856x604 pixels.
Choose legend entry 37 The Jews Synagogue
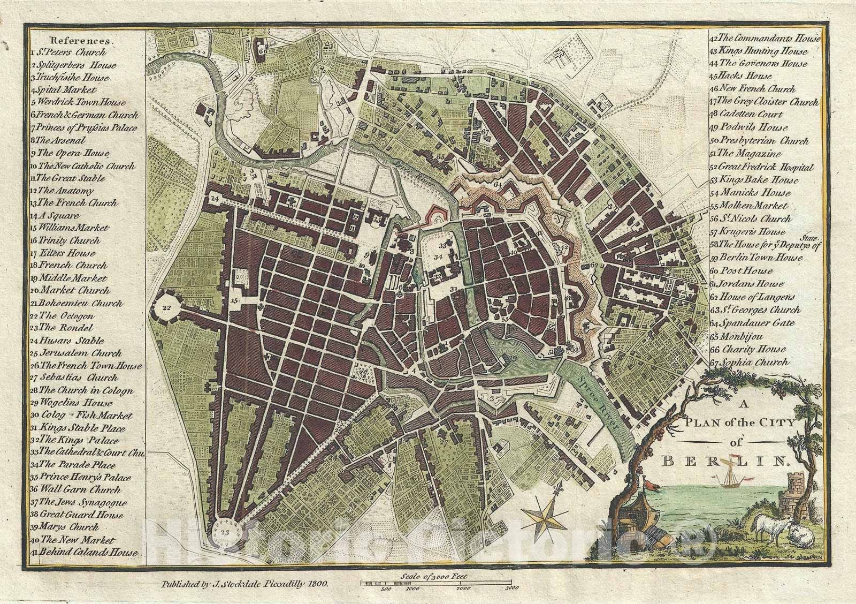[80, 502]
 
